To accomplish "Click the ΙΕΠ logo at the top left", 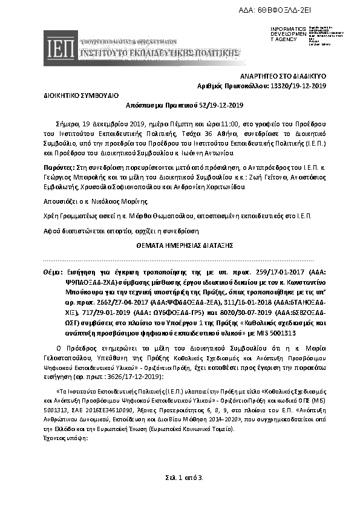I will click(60, 46).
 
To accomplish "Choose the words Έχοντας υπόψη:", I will click(67, 422).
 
